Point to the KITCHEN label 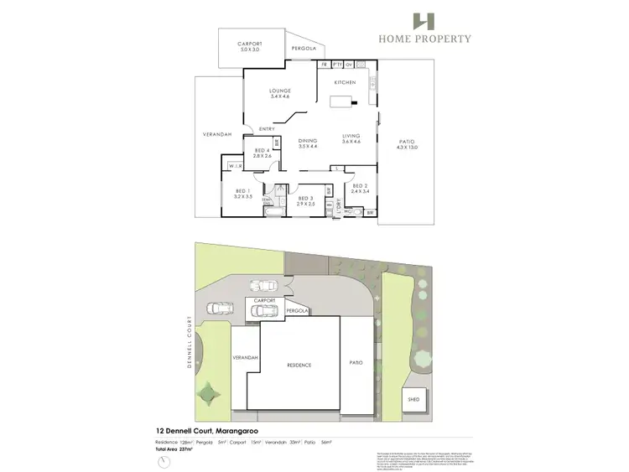[x=346, y=83]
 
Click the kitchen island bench [x=340, y=102]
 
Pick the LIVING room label [x=351, y=138]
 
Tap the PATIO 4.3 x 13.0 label [x=407, y=144]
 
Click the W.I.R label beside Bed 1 [x=236, y=167]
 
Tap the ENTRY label [x=267, y=128]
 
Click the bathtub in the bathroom [x=273, y=215]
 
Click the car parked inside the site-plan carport [x=267, y=311]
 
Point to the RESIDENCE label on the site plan [x=299, y=365]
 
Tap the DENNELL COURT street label [x=192, y=345]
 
